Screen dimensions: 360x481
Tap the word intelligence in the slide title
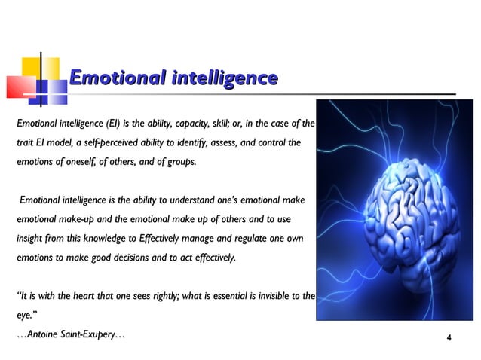click(222, 78)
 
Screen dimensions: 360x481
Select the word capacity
click(204, 123)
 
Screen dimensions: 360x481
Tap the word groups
click(179, 162)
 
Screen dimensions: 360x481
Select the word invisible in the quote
click(265, 297)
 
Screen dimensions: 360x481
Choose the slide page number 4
click(449, 336)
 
